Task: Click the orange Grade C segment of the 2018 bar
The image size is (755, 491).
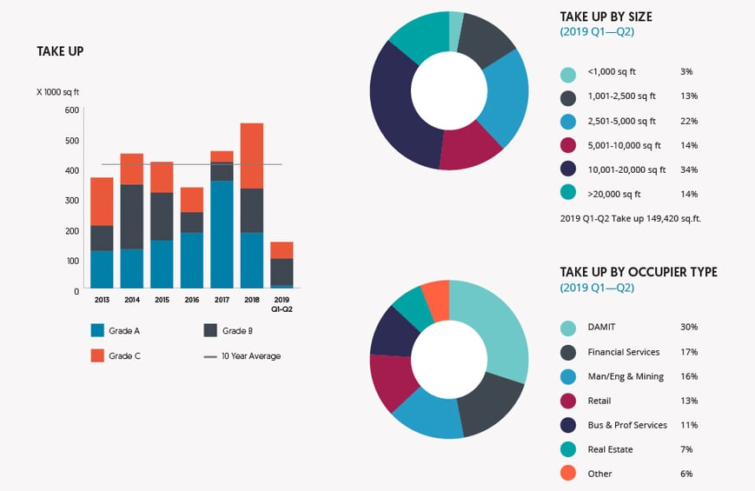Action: click(251, 156)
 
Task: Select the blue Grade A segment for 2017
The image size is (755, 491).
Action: click(222, 234)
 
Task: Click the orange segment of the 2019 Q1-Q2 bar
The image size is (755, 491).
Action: click(281, 250)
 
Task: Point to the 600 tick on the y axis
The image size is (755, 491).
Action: click(71, 110)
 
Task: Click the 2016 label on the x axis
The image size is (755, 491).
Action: click(191, 300)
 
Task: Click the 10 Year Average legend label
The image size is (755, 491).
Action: click(251, 355)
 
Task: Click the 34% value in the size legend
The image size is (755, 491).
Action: click(689, 169)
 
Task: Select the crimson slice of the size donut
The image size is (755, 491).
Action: click(469, 147)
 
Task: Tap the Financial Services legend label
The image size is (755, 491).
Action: click(623, 352)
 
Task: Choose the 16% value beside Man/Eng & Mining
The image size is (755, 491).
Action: click(689, 376)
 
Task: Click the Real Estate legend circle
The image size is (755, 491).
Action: click(568, 449)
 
